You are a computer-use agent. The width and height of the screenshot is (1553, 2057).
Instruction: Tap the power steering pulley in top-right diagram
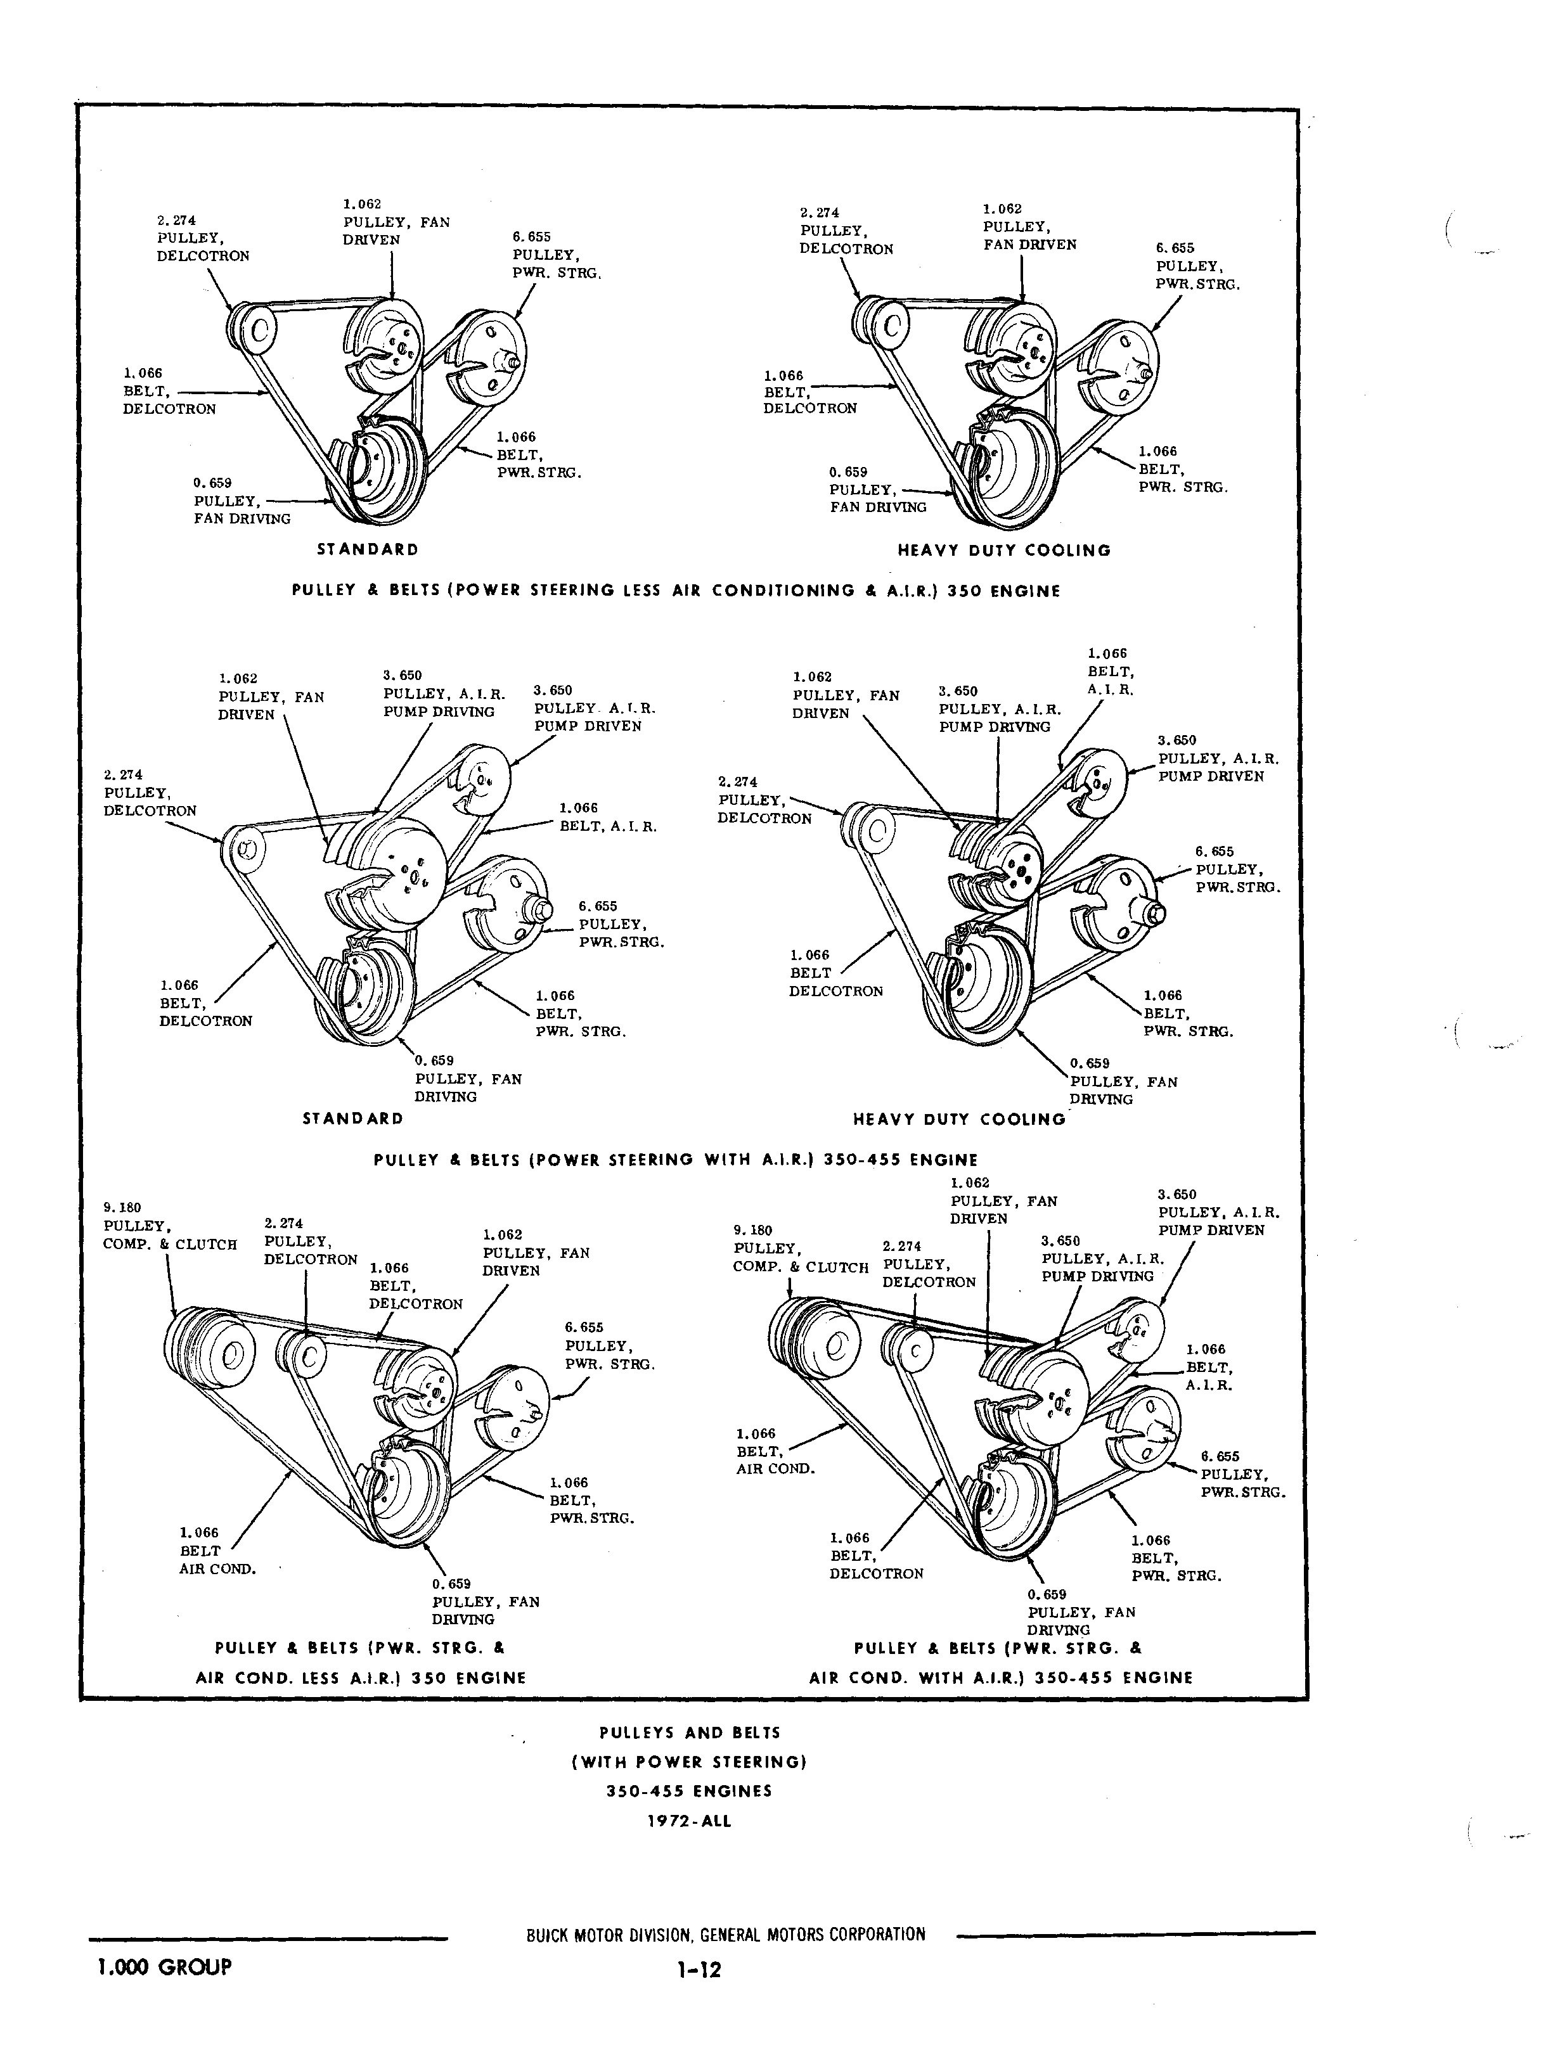[x=1123, y=368]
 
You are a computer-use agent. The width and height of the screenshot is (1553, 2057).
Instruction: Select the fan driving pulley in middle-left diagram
[x=367, y=990]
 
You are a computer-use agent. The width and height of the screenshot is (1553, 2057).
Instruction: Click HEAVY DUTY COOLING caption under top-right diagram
[x=1003, y=551]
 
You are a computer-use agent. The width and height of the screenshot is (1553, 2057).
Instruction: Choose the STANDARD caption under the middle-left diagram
[x=352, y=1118]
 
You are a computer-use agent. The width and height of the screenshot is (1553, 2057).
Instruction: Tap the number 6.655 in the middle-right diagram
[x=1215, y=851]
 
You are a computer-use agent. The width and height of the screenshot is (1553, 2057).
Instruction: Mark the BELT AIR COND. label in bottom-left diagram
[x=217, y=1561]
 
